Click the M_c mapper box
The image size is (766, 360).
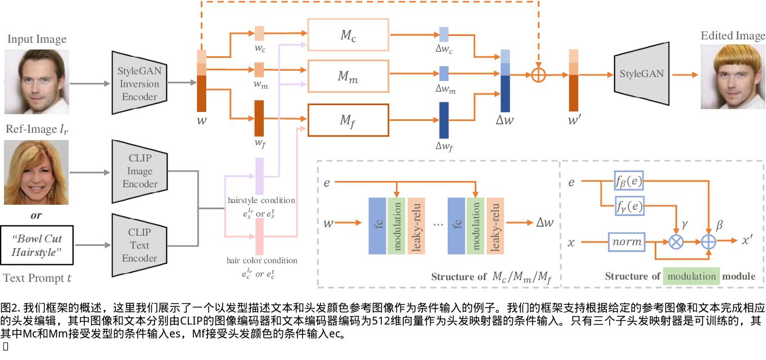click(348, 35)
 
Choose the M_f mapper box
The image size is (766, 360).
click(348, 120)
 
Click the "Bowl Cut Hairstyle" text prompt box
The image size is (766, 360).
click(38, 245)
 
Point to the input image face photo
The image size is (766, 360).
click(35, 81)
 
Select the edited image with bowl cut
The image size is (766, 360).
click(732, 77)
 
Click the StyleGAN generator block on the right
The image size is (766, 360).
click(641, 74)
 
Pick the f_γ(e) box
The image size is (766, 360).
click(629, 206)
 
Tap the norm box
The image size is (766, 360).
click(626, 242)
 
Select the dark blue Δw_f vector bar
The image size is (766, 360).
click(444, 120)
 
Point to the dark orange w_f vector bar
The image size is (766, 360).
click(259, 118)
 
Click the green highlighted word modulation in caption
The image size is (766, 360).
click(691, 276)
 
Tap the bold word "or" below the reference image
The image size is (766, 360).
click(36, 215)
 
